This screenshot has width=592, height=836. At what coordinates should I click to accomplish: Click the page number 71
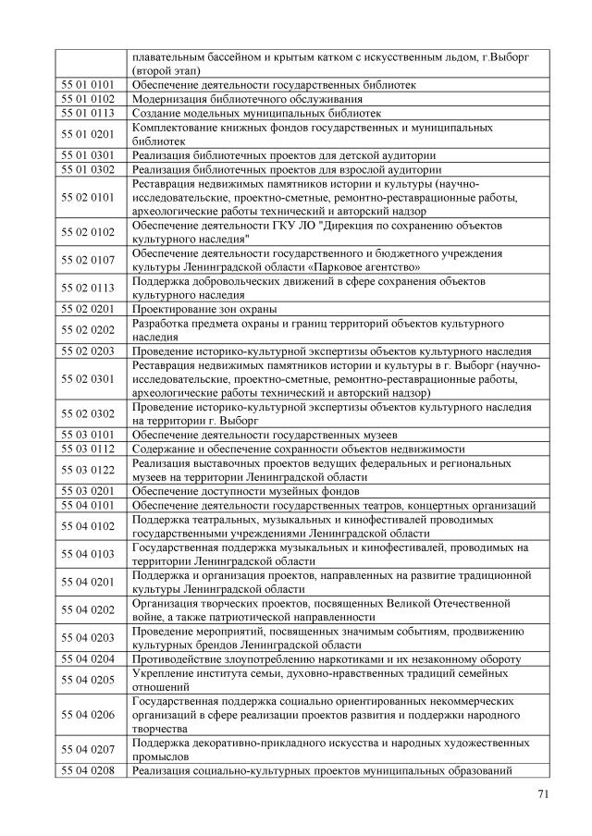coord(543,793)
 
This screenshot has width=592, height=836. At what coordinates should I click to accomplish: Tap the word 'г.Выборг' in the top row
coord(503,56)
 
